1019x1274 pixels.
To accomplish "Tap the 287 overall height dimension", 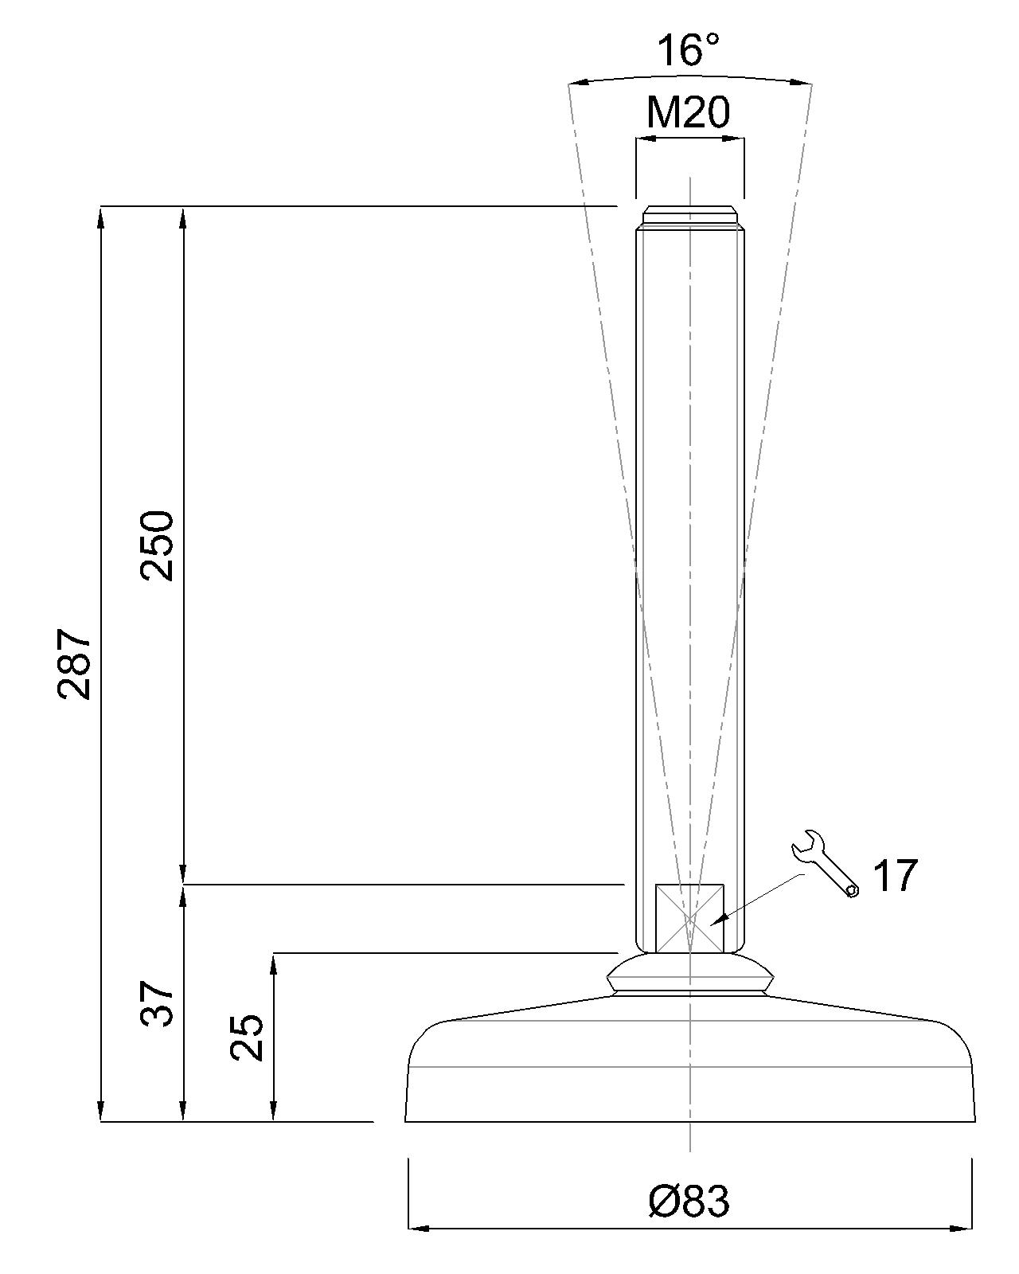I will tap(76, 664).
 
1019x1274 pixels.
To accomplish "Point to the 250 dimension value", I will tap(158, 546).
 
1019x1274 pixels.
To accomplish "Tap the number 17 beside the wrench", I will tap(895, 876).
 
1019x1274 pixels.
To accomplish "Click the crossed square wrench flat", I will tap(689, 918).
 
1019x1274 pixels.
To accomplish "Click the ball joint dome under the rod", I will tap(689, 973).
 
